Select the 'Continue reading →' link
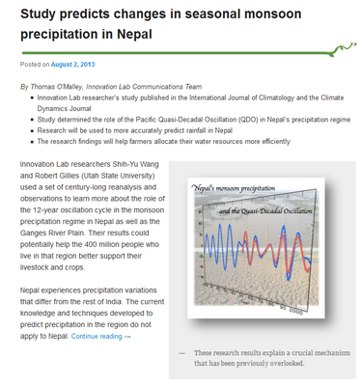tap(100, 336)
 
